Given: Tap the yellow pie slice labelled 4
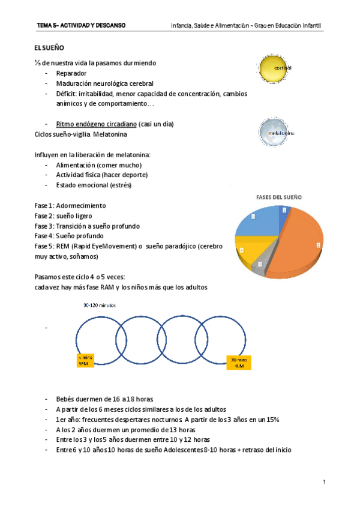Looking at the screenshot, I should click(249, 249).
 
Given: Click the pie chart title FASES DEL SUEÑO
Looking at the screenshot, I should click(279, 197).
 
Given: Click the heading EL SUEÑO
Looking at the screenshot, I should click(49, 47).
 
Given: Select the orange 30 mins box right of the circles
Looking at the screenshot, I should click(239, 362).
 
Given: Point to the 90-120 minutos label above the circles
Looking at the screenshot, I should click(100, 305).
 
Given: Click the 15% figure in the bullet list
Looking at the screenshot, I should click(270, 419).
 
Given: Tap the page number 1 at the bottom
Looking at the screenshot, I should click(323, 482).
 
